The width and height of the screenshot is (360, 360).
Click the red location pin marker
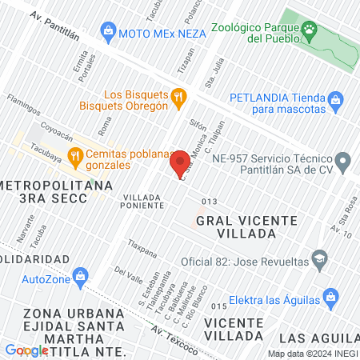pos(180,163)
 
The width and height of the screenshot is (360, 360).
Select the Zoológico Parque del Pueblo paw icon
pos(308,32)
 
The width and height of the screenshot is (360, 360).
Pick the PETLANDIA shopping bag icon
pos(337,102)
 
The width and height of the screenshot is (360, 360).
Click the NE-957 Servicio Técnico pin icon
pos(342,162)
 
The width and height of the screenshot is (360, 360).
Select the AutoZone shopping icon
pos(79,278)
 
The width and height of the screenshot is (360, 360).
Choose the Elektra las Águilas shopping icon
pos(325,294)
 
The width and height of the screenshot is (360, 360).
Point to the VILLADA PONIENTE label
pos(143,200)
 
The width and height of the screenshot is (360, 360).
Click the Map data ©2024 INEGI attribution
pos(312,354)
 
